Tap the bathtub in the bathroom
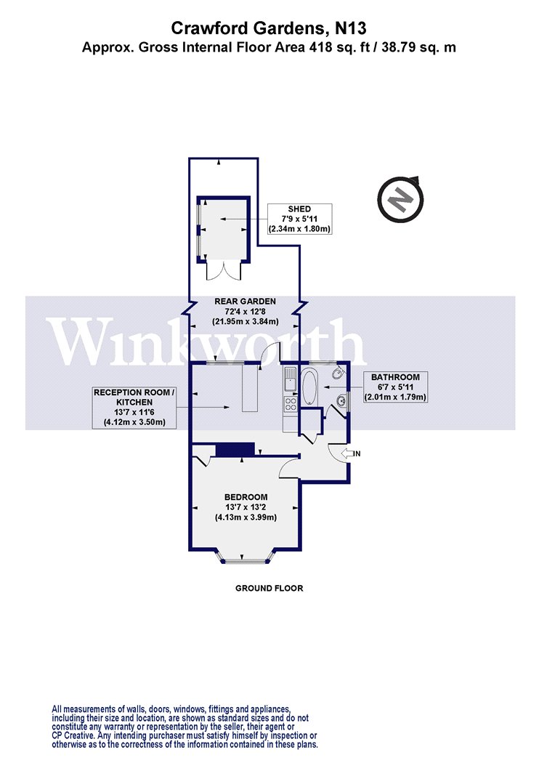click(x=309, y=387)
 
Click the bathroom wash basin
click(x=342, y=400)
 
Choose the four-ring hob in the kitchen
click(x=291, y=403)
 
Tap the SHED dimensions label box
click(x=300, y=219)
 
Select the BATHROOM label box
click(x=395, y=387)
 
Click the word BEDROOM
click(x=246, y=497)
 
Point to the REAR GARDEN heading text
click(x=246, y=302)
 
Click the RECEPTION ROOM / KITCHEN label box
click(x=134, y=407)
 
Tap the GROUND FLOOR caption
click(x=269, y=588)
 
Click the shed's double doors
click(x=223, y=270)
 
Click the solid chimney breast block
click(x=235, y=449)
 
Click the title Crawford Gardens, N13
click(x=269, y=28)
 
